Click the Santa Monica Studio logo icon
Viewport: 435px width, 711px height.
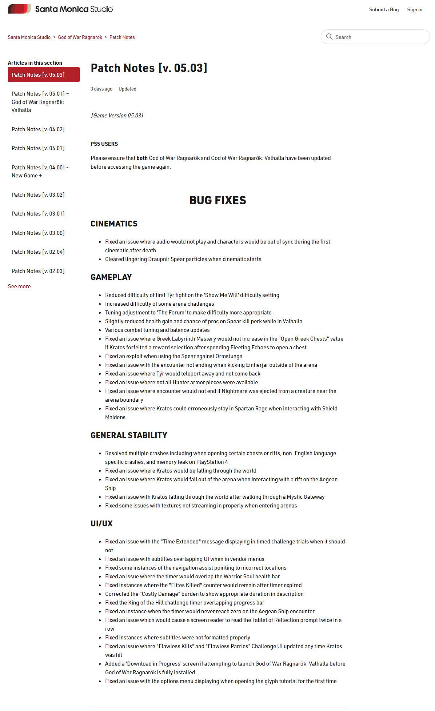click(x=19, y=9)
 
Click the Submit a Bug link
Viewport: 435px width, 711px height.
click(x=384, y=9)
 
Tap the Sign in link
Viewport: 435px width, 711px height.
click(x=415, y=9)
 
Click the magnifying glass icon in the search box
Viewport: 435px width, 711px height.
click(x=329, y=37)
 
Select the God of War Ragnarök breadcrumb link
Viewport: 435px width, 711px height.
click(x=80, y=37)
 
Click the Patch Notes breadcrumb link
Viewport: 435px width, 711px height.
click(x=122, y=37)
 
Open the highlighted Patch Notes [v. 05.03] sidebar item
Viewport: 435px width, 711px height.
click(x=44, y=75)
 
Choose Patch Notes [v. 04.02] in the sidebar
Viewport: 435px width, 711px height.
click(x=38, y=129)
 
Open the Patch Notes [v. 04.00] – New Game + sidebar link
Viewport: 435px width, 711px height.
click(x=40, y=171)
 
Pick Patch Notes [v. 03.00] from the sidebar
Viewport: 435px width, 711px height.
click(x=38, y=233)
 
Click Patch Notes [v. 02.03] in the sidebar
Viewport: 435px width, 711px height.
click(x=38, y=271)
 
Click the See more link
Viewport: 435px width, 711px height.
click(x=19, y=286)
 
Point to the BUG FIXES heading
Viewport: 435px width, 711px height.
click(x=217, y=200)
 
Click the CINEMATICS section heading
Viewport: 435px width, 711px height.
click(x=114, y=224)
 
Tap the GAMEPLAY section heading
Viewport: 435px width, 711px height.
click(x=111, y=277)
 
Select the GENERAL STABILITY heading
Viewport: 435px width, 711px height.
click(x=129, y=435)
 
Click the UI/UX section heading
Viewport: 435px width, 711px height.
click(x=101, y=523)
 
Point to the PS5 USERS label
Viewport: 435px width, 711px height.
click(x=104, y=144)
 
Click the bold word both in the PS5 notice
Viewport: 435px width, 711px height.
click(x=142, y=158)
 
